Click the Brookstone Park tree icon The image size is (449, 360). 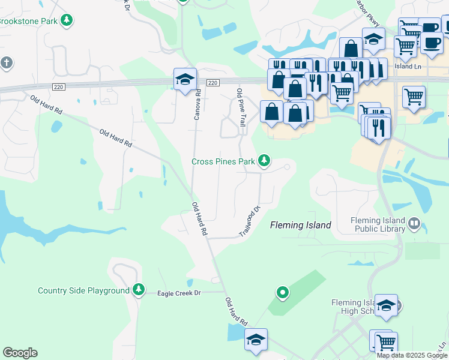point(67,20)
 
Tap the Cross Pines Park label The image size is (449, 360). point(223,161)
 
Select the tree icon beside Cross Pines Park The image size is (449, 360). point(264,160)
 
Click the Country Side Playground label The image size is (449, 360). point(83,291)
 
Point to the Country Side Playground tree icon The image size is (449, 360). point(139,290)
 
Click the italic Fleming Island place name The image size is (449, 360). point(300,225)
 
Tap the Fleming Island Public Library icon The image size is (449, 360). point(414,224)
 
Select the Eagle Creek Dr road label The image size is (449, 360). point(178,293)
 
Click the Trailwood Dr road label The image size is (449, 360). point(252,221)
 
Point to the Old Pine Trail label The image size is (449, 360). point(241,107)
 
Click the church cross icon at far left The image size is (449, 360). point(6,62)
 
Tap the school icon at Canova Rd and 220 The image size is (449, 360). point(185,79)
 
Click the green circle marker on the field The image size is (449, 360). point(282,293)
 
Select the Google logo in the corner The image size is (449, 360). point(20,353)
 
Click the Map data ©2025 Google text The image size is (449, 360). point(412,355)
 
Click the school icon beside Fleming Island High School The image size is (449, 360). point(386,304)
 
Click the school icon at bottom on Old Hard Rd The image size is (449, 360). point(256,339)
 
